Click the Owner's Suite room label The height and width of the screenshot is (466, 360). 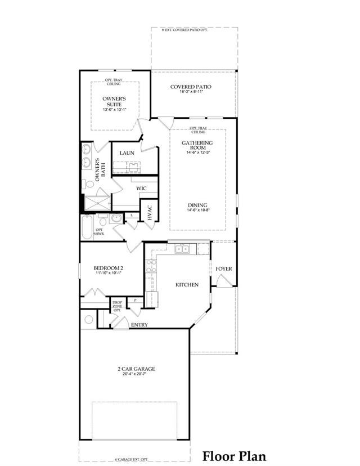coord(114,101)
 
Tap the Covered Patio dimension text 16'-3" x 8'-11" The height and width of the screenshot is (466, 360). coord(191,91)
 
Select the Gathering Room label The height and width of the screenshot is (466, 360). coord(197,146)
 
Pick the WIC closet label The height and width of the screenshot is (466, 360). coord(141,188)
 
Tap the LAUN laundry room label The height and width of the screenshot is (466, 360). coord(126,153)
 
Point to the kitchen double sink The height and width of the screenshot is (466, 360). coord(182,249)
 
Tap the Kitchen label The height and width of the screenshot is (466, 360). coord(187,285)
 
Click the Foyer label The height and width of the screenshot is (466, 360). coord(224,268)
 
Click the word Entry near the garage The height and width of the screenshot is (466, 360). coord(139,325)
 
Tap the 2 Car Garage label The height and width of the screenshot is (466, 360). coord(136,369)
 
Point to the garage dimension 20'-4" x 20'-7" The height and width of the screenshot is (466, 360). coord(136,375)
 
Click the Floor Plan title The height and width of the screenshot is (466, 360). coord(234,455)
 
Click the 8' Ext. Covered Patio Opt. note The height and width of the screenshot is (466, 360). coord(185,30)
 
